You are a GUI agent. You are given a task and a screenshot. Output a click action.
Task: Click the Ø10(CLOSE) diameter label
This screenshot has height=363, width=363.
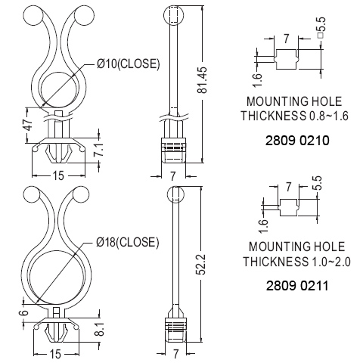click(128, 64)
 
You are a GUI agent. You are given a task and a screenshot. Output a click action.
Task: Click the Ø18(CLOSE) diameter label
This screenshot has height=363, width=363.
click(128, 242)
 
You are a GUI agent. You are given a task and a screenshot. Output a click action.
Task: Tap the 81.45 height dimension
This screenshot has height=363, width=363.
click(202, 80)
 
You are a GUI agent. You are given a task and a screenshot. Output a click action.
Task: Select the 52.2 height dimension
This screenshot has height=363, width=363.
click(202, 264)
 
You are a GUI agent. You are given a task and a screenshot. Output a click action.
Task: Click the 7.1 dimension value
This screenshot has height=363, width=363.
click(99, 150)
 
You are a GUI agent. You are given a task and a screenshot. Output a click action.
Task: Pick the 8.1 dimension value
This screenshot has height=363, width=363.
click(100, 330)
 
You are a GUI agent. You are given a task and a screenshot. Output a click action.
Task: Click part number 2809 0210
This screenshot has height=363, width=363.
click(297, 141)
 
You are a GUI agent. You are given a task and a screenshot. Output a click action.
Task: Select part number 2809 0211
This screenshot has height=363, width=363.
click(297, 286)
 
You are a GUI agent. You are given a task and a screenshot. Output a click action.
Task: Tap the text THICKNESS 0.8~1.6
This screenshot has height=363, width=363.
click(295, 116)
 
